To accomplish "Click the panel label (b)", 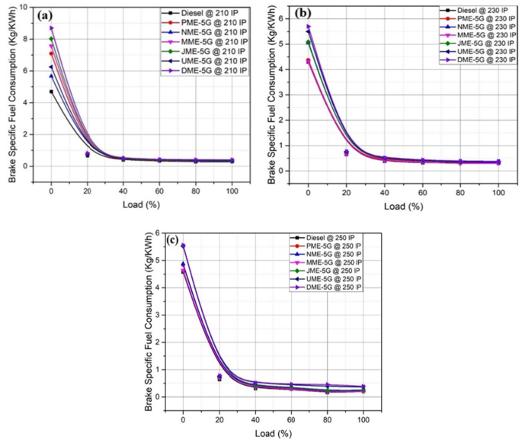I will (301, 14).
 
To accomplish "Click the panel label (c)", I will (173, 241).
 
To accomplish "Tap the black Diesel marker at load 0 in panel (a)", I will (51, 91).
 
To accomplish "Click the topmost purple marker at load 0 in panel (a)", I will (51, 28).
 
